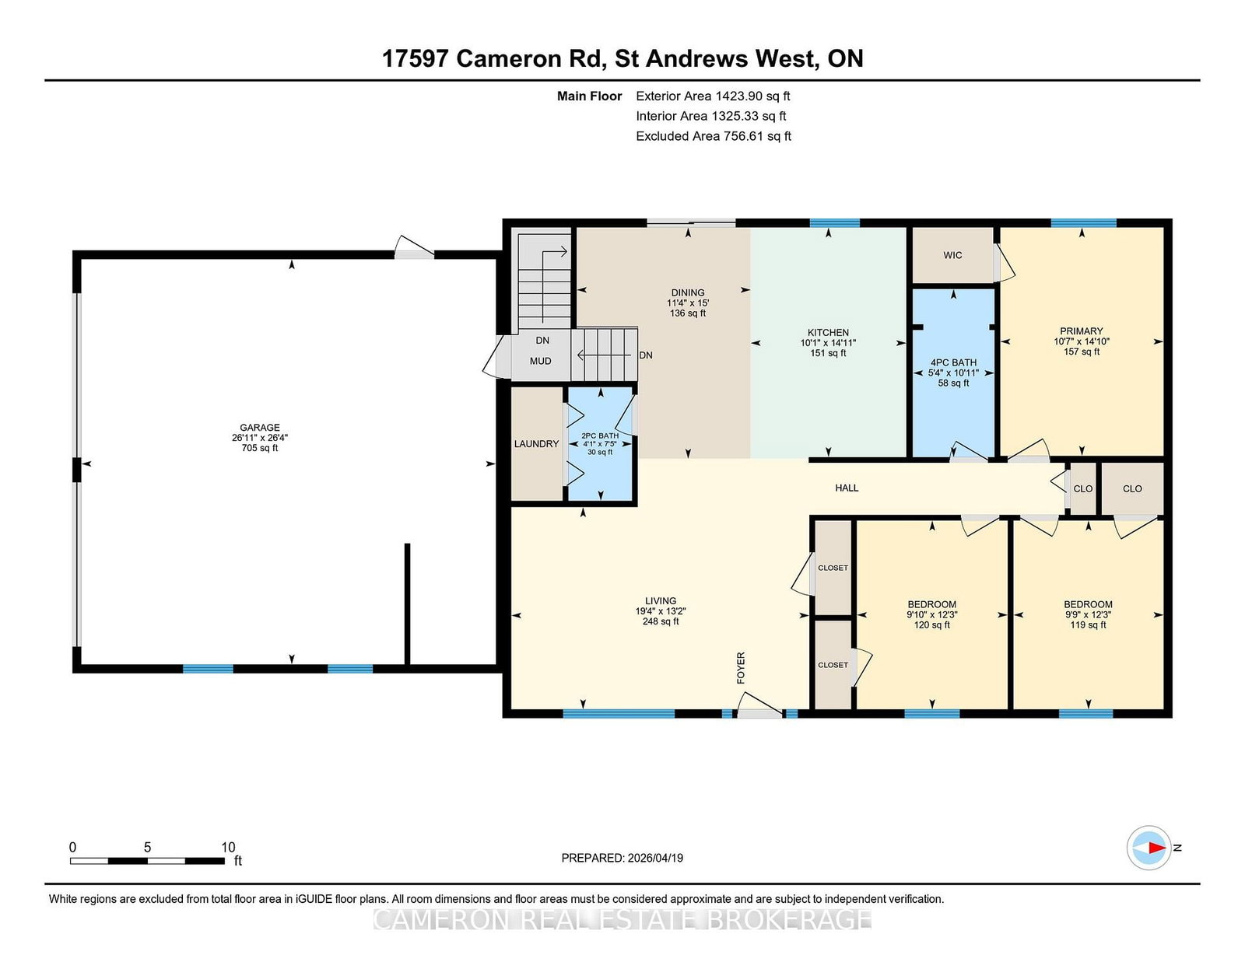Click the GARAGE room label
(x=260, y=427)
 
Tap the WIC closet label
(x=952, y=255)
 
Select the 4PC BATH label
(x=953, y=362)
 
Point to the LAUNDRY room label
(x=536, y=444)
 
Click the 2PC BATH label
(x=600, y=436)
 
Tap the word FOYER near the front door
(x=741, y=668)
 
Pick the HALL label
(x=847, y=488)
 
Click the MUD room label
(x=541, y=362)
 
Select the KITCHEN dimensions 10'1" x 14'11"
(x=829, y=343)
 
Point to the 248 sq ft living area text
(x=661, y=621)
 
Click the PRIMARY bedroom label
(x=1081, y=331)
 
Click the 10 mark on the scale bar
(x=228, y=848)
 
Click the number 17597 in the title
(x=415, y=59)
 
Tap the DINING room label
(x=688, y=292)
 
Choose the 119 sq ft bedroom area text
(x=1088, y=624)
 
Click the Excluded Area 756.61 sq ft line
(x=714, y=136)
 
